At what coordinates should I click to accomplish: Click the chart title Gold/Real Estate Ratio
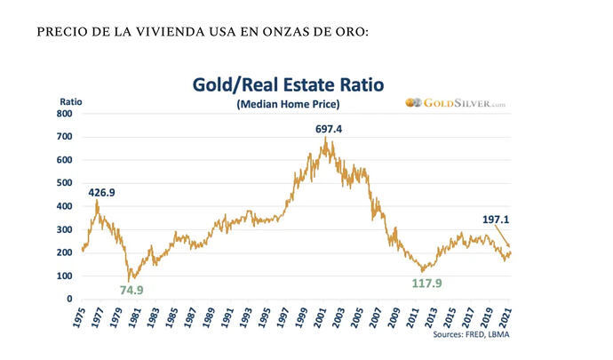288,85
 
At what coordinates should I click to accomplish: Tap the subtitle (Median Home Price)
288,105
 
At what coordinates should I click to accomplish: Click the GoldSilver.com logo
456,104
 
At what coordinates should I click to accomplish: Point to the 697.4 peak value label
329,129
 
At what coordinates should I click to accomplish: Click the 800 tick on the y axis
64,114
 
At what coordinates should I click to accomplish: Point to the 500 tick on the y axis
64,183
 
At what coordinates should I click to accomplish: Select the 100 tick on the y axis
64,276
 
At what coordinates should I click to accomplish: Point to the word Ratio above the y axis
71,100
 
